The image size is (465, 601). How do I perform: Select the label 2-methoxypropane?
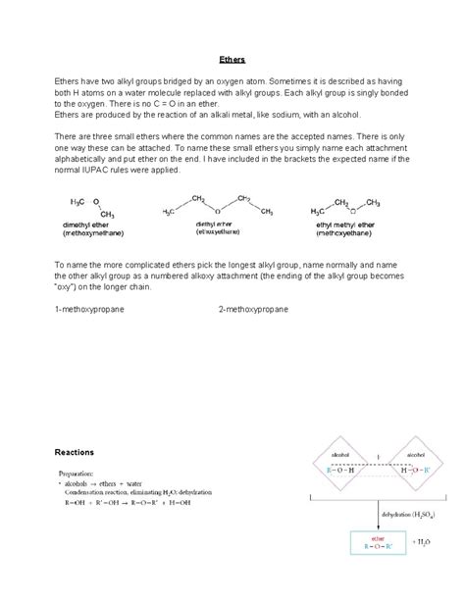pos(253,309)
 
